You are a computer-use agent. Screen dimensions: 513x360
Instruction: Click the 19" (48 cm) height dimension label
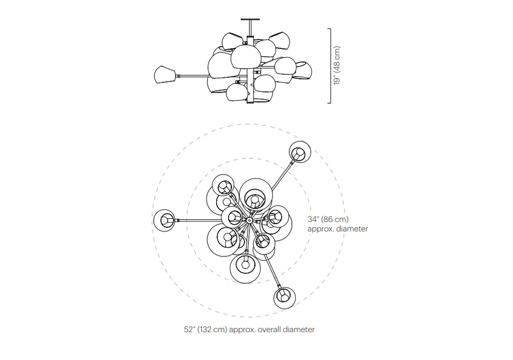337,65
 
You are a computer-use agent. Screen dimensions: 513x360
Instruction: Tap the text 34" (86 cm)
328,219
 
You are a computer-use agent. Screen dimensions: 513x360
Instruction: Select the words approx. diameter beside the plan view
338,229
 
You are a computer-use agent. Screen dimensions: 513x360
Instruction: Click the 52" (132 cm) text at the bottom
205,329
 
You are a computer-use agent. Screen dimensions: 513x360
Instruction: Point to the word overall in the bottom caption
270,329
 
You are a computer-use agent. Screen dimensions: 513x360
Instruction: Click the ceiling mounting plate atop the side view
250,20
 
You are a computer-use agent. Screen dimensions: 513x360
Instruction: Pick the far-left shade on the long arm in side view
165,75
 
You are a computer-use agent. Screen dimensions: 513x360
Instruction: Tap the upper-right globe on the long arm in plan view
300,152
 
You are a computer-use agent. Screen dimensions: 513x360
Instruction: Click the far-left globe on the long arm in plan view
165,220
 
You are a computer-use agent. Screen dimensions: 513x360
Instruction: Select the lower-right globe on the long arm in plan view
285,298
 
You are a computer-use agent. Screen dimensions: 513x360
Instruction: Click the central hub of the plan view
249,221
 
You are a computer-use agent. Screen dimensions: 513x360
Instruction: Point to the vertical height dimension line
330,66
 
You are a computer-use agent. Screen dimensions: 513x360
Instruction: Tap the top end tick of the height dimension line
329,29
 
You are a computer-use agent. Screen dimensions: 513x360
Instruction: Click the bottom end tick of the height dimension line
329,103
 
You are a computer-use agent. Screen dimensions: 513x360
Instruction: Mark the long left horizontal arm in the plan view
200,221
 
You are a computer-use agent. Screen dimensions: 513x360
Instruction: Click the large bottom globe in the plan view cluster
246,268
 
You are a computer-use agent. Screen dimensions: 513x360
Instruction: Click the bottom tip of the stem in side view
250,103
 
